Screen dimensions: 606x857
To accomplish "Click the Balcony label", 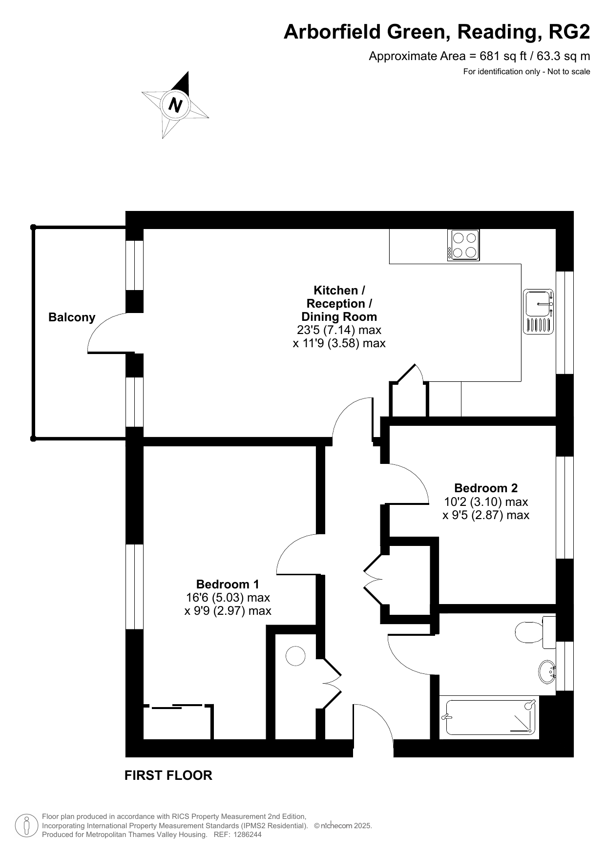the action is click(x=72, y=317).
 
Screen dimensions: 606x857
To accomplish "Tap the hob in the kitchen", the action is click(x=463, y=245).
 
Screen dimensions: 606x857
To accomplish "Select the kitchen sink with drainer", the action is click(x=539, y=312).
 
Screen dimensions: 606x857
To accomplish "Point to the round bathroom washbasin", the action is click(x=547, y=672).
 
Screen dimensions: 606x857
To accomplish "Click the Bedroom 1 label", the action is click(x=228, y=584).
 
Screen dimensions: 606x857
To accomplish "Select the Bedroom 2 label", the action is click(x=486, y=488).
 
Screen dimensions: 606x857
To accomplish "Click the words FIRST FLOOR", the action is click(x=168, y=775).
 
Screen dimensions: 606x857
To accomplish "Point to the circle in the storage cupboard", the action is click(x=295, y=656).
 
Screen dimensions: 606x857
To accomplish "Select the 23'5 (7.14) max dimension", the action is click(x=339, y=330).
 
